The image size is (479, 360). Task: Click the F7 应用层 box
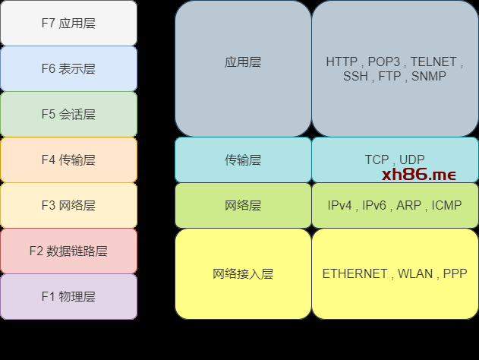68,23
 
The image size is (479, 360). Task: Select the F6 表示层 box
68,68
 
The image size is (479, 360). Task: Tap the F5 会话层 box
68,114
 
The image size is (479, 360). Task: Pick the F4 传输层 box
68,159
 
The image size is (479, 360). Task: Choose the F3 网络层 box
68,205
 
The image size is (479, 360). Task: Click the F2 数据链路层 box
68,251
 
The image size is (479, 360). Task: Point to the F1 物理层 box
68,296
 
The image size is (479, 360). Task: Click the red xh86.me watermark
419,175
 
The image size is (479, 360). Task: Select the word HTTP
342,62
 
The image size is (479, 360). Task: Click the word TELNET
433,62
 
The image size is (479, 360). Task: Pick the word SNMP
429,76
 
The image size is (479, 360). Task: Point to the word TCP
377,159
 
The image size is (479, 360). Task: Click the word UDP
411,159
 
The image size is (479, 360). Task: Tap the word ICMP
446,205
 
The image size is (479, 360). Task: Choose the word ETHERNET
355,273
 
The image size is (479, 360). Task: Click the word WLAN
415,273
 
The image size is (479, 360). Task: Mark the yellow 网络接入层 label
243,273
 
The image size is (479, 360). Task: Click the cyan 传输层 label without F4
243,159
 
